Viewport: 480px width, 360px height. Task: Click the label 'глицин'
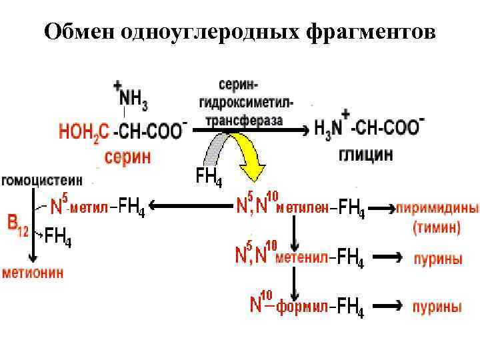click(366, 154)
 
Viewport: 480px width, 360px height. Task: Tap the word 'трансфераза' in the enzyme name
click(244, 121)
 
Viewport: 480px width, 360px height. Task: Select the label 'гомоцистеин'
click(42, 180)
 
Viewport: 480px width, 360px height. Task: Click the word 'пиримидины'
click(437, 207)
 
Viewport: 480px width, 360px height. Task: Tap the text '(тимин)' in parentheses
click(437, 227)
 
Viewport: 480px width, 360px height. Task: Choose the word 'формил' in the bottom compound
click(302, 307)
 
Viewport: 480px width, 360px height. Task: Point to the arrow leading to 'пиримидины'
click(380, 208)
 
